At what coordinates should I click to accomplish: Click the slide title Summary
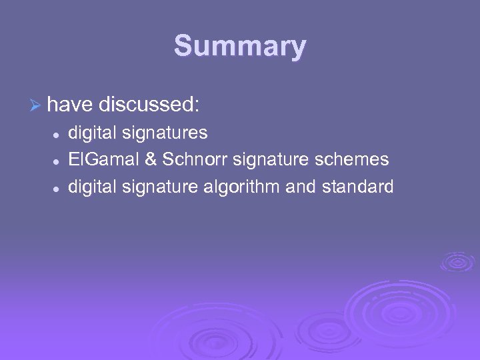click(x=240, y=47)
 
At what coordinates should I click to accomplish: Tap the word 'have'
click(x=69, y=105)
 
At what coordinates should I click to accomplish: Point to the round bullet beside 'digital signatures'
click(x=58, y=134)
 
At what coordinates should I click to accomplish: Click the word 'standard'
click(x=358, y=187)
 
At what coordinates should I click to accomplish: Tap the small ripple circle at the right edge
click(x=457, y=261)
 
